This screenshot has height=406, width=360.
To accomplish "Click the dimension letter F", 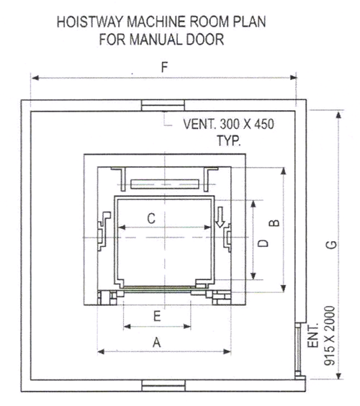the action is [x=164, y=67].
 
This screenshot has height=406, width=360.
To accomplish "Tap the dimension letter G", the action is [x=332, y=245].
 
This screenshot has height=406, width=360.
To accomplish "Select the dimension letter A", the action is [x=157, y=343].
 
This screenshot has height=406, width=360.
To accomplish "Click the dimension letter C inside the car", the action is [x=151, y=218].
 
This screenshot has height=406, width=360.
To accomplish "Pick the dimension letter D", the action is [x=264, y=243].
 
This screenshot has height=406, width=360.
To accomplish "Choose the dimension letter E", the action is [x=157, y=316].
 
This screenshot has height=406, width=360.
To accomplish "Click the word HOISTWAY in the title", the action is [x=91, y=22].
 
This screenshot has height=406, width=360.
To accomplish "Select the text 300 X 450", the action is [x=247, y=125].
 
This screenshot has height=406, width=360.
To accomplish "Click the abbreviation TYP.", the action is [x=229, y=140].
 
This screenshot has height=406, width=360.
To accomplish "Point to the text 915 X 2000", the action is [x=330, y=336].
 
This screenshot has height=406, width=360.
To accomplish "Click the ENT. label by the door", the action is [x=312, y=335].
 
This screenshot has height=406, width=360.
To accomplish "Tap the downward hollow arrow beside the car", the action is [x=220, y=217].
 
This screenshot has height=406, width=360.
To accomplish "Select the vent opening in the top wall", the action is [x=163, y=105].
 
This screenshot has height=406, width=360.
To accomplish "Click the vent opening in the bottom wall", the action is [x=163, y=386].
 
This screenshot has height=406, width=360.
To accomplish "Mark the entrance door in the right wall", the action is [x=299, y=350].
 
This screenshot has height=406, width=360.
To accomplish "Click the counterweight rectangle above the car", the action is [x=165, y=184].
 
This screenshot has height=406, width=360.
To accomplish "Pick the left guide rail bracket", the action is [x=104, y=231].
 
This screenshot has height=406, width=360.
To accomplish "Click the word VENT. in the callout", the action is [x=199, y=125].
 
